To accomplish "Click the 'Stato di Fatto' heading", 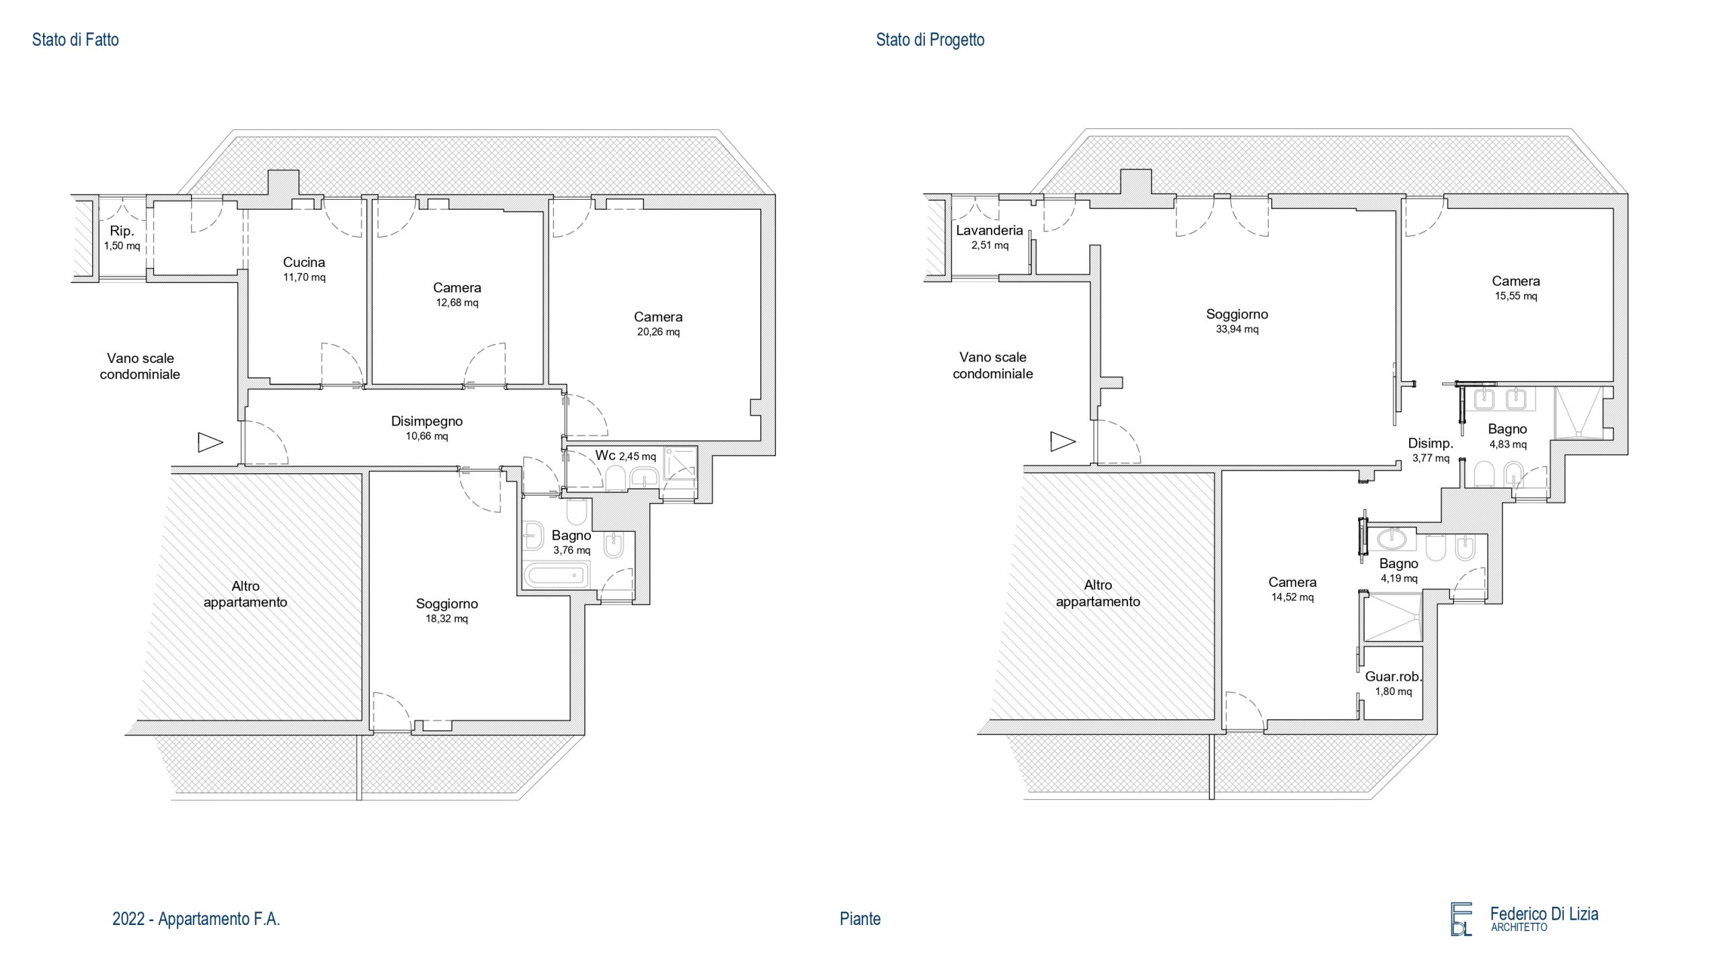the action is (x=75, y=40).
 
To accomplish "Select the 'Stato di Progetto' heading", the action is (x=930, y=40).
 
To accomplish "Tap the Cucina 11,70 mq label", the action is (x=304, y=269).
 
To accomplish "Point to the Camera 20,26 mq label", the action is (x=658, y=323).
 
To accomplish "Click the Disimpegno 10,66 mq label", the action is (x=427, y=428).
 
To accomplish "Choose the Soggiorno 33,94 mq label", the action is (x=1237, y=321).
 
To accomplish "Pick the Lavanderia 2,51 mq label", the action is (x=990, y=237).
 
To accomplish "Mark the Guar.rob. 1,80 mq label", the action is (x=1394, y=683).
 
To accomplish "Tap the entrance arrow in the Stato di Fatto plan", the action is (x=210, y=442).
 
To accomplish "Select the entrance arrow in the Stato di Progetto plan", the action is (x=1063, y=442).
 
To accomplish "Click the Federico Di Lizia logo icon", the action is (x=1462, y=919).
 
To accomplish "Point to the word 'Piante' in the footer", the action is (x=860, y=919).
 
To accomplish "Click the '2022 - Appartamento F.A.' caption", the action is (x=196, y=919).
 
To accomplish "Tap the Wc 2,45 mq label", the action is (x=625, y=456).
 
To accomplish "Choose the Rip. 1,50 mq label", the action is (x=122, y=237).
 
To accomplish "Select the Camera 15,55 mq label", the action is (x=1516, y=288).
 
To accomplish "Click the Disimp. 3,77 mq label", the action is (x=1431, y=450).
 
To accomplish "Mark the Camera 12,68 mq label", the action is (x=457, y=294).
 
